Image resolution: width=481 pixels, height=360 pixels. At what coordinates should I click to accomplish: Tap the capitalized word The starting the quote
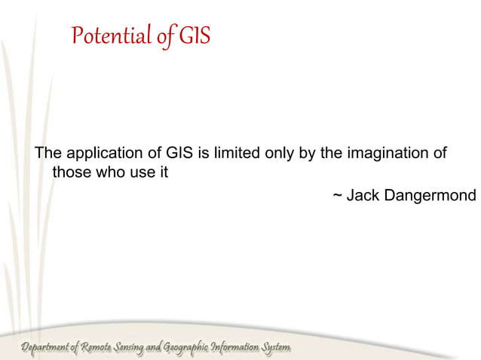tap(50, 154)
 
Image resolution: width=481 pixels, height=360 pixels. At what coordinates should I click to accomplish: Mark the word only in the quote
tap(278, 154)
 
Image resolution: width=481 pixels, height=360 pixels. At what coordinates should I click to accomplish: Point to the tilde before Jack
tap(338, 196)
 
